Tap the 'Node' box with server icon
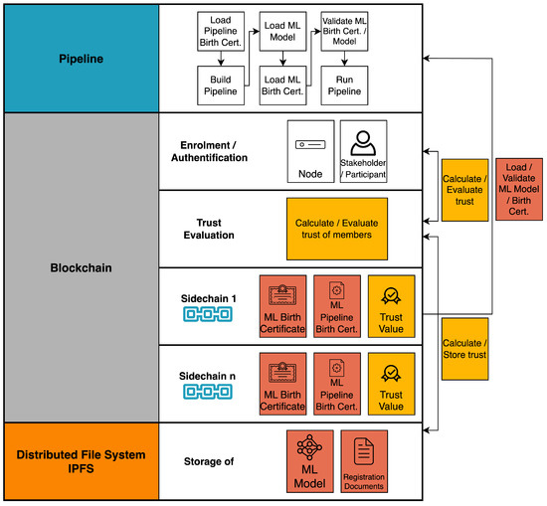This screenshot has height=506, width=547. tap(309, 151)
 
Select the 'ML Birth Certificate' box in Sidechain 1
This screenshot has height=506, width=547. tap(282, 306)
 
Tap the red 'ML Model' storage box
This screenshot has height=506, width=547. tap(309, 461)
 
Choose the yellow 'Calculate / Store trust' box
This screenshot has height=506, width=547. tap(464, 349)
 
